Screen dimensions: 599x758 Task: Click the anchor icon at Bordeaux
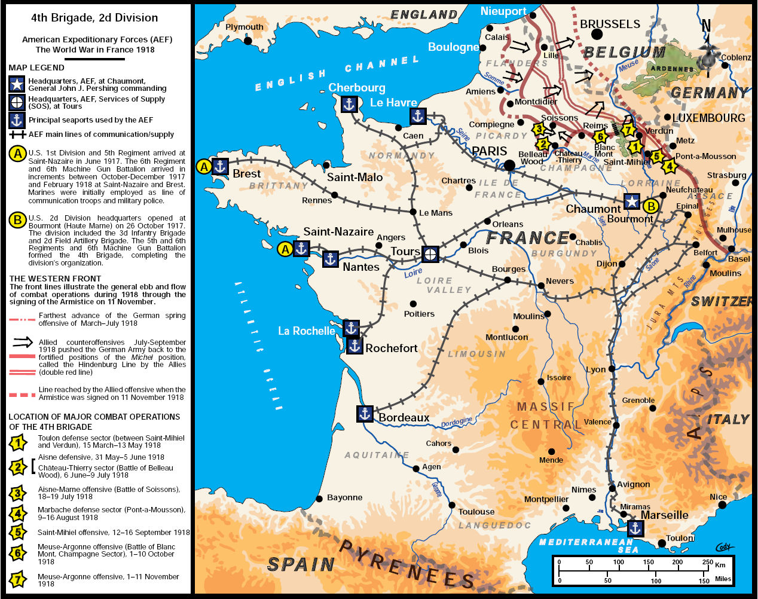coord(365,414)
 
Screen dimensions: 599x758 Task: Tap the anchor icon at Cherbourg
coord(349,105)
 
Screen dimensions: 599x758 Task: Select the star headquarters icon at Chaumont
coord(632,201)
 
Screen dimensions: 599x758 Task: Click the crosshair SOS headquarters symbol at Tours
coord(430,254)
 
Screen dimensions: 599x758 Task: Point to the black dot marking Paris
coord(509,165)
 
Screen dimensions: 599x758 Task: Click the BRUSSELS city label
coord(610,24)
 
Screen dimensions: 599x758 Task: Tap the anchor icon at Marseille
coord(634,528)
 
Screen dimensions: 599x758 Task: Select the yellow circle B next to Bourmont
coord(650,206)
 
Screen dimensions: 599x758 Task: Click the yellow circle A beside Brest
coord(204,166)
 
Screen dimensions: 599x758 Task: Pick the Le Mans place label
coord(436,213)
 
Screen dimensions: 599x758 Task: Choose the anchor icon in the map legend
coord(17,120)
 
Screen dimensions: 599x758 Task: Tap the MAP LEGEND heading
coord(36,68)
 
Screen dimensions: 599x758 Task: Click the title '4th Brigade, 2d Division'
coord(94,18)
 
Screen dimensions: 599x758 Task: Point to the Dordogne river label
coord(456,423)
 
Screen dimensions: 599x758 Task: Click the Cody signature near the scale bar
coord(724,547)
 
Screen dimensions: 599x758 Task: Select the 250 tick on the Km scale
coord(707,562)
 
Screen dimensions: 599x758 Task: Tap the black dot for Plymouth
coord(247,41)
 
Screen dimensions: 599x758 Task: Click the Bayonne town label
coord(344,497)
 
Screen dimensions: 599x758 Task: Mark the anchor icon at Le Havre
coord(417,116)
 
